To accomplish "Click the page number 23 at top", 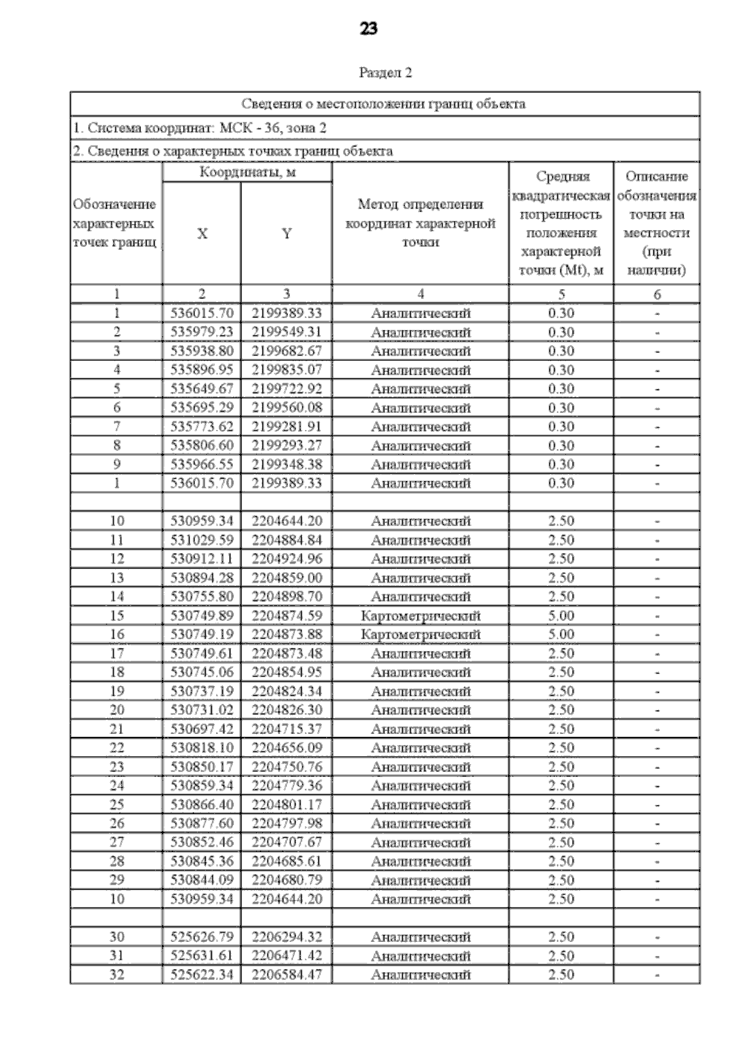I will point(368,29).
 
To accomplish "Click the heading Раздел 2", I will point(385,73).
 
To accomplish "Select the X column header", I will point(202,234).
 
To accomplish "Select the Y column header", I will point(286,234).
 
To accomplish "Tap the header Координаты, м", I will point(247,172).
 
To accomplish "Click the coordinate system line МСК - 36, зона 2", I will point(200,128).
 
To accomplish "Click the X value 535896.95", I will point(202,370).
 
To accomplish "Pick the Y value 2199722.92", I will point(286,389).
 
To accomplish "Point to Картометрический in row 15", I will point(421,616).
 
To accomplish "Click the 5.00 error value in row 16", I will point(560,634).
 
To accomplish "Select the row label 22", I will point(116,748).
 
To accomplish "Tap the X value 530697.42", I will point(202,729).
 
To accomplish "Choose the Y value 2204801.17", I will point(286,805).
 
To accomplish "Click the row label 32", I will point(116,974).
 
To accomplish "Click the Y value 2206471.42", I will point(286,955).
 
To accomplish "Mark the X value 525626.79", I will point(202,937).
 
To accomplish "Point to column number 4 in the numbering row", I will point(421,294).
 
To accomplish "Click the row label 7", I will point(116,426).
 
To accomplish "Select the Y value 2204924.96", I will point(286,559).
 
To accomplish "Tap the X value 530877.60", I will point(202,823).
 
